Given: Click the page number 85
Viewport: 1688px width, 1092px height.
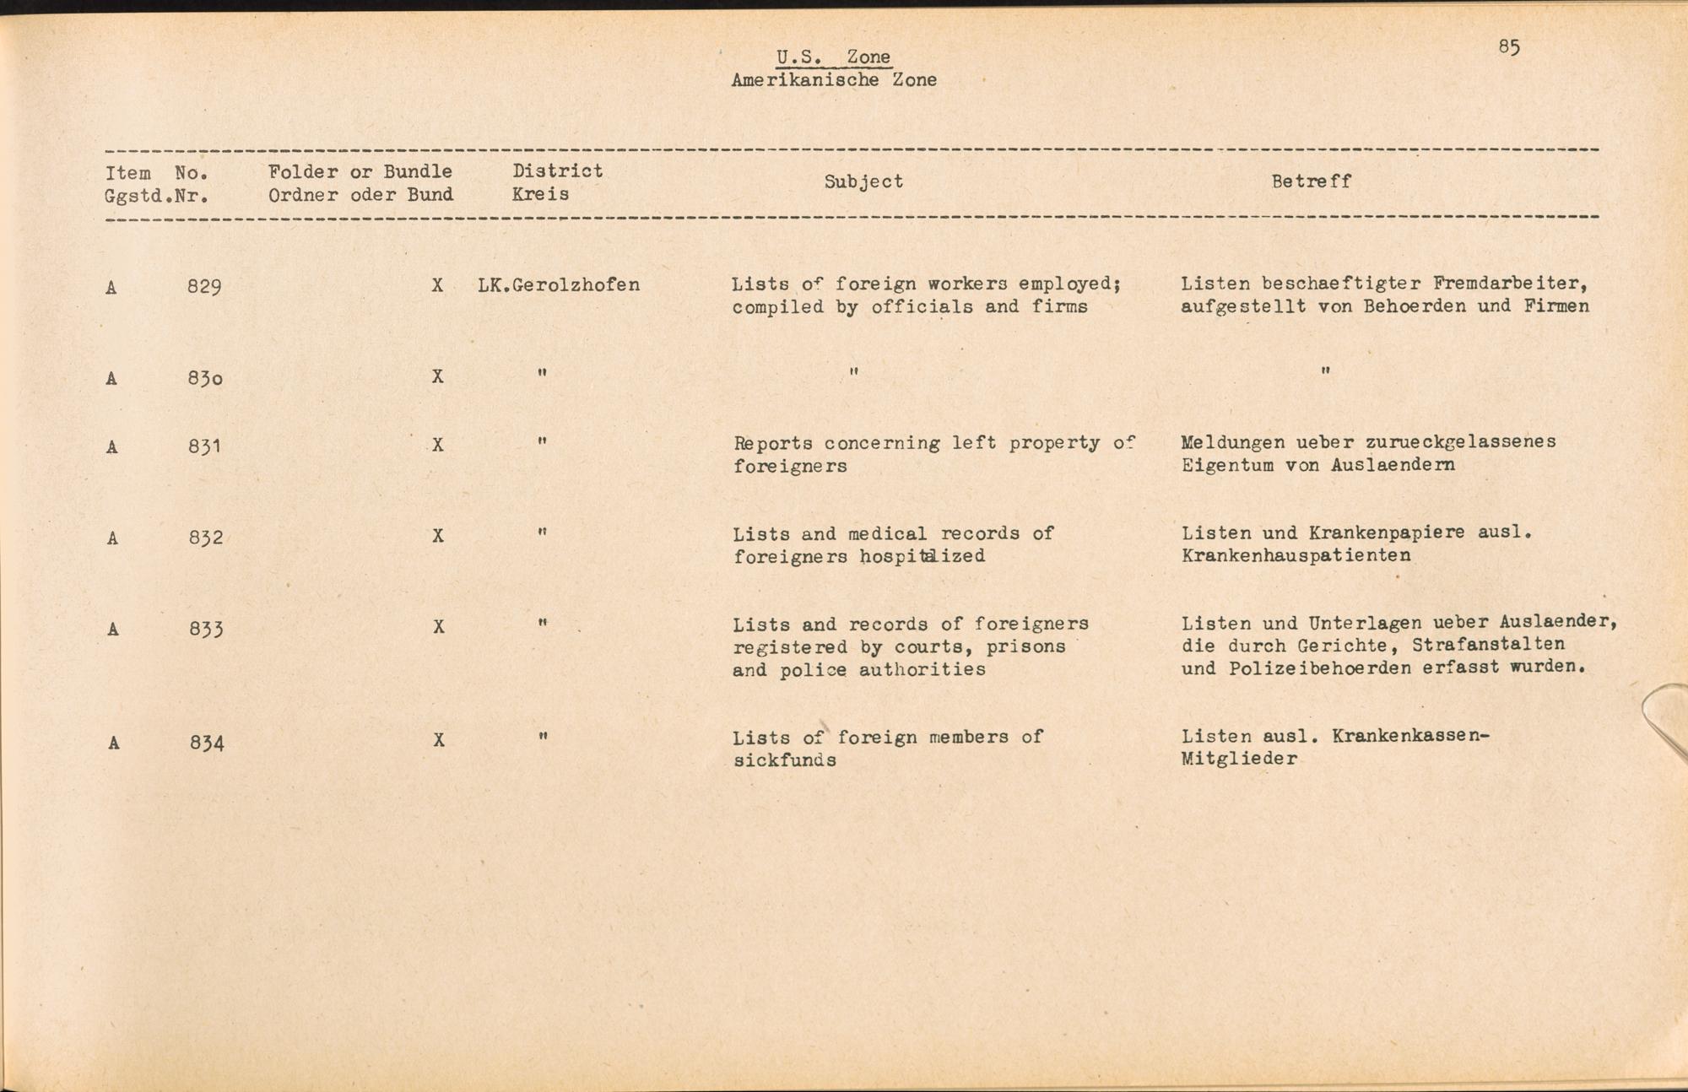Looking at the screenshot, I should (x=1509, y=47).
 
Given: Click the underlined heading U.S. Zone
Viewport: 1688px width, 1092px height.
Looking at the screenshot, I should (x=833, y=57).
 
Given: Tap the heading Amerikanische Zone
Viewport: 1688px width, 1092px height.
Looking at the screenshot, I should (x=833, y=80).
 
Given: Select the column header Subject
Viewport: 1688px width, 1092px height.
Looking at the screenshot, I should (x=863, y=181).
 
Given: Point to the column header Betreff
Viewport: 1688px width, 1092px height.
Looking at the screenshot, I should (x=1311, y=181).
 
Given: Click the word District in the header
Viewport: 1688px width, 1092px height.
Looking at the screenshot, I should (x=557, y=170).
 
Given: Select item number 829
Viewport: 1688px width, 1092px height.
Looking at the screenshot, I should (x=204, y=287).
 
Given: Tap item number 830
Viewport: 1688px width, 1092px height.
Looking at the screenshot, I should (x=205, y=378).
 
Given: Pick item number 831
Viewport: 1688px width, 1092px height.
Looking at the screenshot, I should (x=204, y=446).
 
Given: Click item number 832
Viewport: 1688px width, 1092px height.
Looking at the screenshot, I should (x=205, y=538).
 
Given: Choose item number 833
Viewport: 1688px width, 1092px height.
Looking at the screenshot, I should (x=205, y=629).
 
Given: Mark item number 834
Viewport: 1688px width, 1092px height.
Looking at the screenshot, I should (x=206, y=743).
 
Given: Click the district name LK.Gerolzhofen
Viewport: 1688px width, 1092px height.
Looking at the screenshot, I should (x=558, y=285).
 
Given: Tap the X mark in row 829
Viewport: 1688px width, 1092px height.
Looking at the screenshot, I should (x=437, y=286).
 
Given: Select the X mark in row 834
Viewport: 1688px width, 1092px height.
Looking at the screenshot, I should (x=439, y=740).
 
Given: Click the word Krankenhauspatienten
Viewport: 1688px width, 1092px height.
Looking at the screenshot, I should (x=1296, y=555).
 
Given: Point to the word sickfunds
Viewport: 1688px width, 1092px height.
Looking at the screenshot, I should (x=784, y=760).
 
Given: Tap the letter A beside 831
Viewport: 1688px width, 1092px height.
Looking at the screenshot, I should (x=111, y=447).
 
